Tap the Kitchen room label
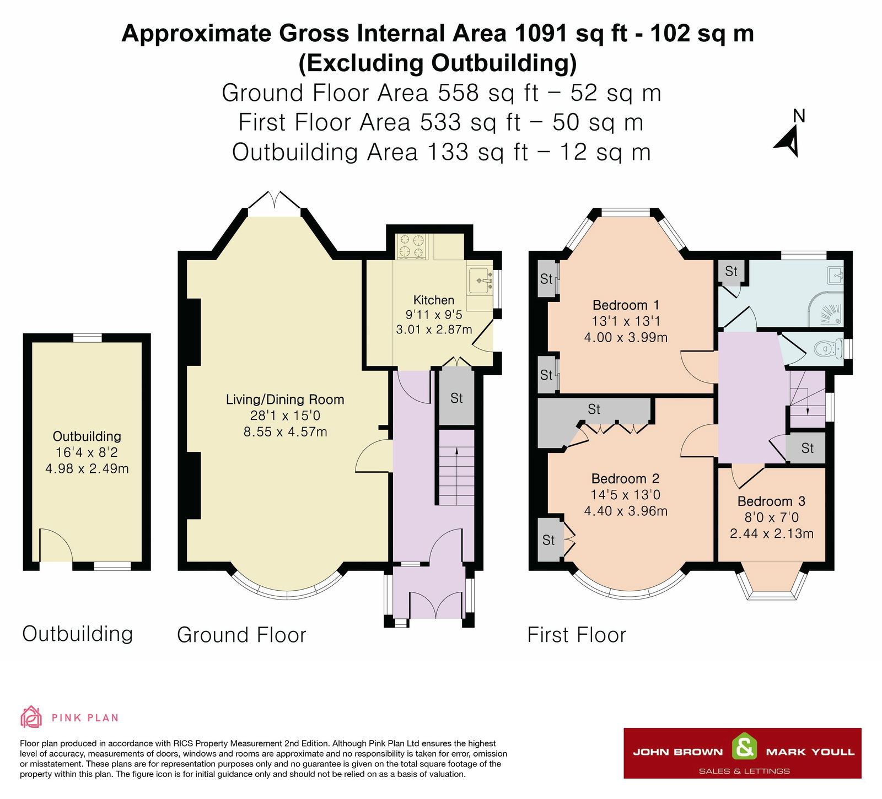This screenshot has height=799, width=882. point(434,300)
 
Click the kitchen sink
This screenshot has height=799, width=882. point(480,281)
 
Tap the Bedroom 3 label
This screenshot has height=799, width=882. point(771,501)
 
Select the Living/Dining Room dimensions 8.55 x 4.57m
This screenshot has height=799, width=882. point(286,432)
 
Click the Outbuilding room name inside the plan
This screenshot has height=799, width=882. point(87,436)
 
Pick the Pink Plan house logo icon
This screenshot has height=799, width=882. point(31,717)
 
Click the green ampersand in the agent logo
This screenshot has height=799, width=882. point(744,748)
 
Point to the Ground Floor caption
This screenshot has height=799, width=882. point(241,635)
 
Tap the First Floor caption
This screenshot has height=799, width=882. point(577,635)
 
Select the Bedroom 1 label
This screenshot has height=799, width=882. point(626,305)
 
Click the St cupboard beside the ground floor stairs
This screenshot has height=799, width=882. point(456,398)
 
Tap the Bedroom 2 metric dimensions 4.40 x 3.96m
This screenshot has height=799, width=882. point(626,511)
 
